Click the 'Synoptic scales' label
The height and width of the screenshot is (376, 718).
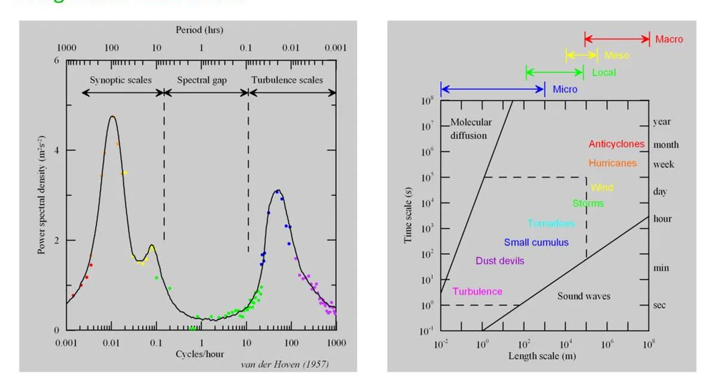[x=120, y=80]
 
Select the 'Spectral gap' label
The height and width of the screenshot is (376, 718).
[x=202, y=80]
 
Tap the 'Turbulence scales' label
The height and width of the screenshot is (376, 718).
[x=287, y=80]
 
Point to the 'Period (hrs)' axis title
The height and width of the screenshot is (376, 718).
[x=199, y=29]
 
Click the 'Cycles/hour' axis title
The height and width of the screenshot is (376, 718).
[x=200, y=354]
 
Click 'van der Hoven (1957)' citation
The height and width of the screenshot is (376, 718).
[x=284, y=364]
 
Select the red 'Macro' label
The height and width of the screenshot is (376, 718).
[x=668, y=40]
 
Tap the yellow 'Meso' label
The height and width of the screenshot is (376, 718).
[x=616, y=56]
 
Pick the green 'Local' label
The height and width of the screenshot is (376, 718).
[x=603, y=72]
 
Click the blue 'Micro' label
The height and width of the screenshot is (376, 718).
[x=565, y=89]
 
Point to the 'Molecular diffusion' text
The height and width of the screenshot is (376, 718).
[x=470, y=129]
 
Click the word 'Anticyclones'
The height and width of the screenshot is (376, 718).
[x=616, y=144]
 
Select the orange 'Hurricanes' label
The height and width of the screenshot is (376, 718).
[x=612, y=163]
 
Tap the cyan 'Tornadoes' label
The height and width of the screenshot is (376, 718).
[x=550, y=224]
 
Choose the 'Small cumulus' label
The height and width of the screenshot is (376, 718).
[x=536, y=242]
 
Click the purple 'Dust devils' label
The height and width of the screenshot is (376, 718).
[x=500, y=261]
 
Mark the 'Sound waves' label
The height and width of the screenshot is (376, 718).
[x=583, y=296]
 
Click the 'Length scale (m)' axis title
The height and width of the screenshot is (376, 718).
[x=542, y=356]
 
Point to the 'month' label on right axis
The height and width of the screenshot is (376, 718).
[x=665, y=144]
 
